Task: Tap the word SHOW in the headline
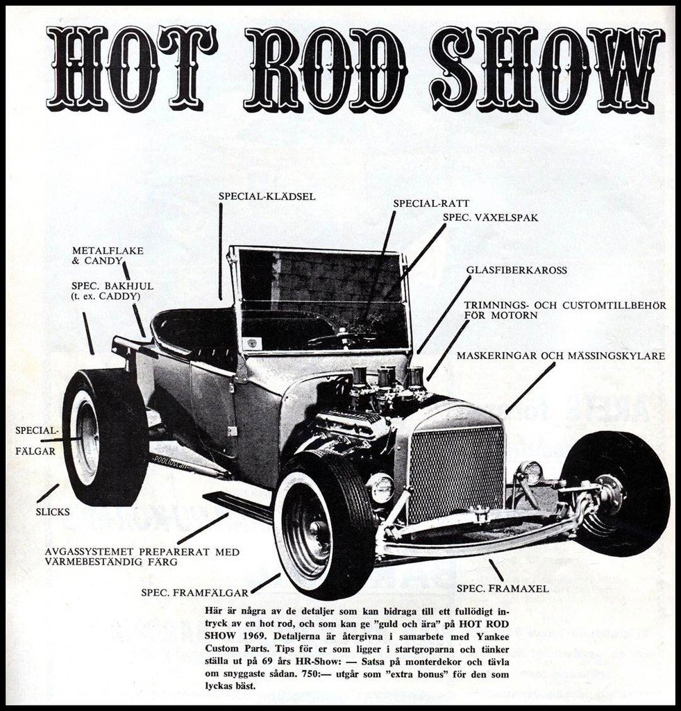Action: coord(547,69)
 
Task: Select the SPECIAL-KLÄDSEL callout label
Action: coord(267,196)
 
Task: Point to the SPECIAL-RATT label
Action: coord(431,203)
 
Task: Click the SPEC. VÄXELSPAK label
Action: coord(491,217)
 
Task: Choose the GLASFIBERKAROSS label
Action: coord(516,270)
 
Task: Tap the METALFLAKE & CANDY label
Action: coord(108,256)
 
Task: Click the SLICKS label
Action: coord(53,512)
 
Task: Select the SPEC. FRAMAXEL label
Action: coord(503,589)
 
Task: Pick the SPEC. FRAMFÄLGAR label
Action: coord(194,593)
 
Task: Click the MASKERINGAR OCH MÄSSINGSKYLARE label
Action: coord(561,355)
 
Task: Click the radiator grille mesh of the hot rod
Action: coord(457,473)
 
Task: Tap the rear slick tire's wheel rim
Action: coord(86,438)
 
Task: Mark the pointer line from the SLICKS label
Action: coord(48,493)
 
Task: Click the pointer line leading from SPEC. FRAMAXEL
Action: coord(496,570)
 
